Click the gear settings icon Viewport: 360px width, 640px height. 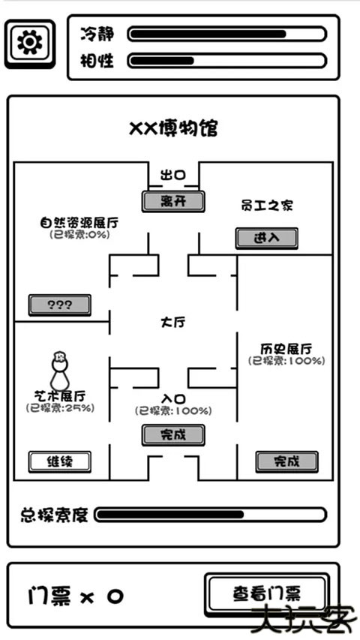[x=29, y=43]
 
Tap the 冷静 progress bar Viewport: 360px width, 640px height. [x=226, y=34]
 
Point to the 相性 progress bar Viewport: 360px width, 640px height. [x=226, y=61]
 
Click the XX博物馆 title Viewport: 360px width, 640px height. [x=173, y=129]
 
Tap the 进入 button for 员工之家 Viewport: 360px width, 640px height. [x=266, y=238]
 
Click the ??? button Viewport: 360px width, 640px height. [x=59, y=305]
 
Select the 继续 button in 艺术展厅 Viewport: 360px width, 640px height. [x=59, y=461]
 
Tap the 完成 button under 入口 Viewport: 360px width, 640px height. [x=173, y=434]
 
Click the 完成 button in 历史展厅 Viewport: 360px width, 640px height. [x=286, y=461]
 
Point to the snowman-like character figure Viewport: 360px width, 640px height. [x=58, y=371]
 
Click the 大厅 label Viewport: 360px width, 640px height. [x=173, y=322]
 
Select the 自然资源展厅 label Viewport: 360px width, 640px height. [x=79, y=223]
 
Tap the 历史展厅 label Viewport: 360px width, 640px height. [x=286, y=348]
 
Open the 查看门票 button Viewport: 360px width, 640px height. [x=266, y=594]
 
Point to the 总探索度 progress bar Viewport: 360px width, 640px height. [x=210, y=515]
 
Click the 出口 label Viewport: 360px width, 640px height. [x=173, y=176]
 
